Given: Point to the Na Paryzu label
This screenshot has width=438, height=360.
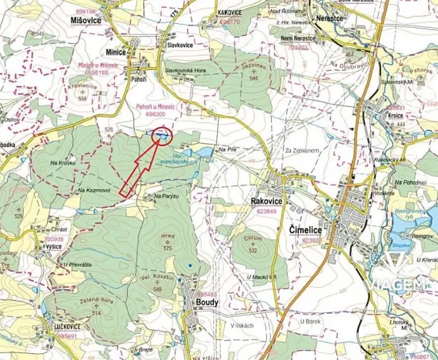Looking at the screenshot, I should tap(167, 196).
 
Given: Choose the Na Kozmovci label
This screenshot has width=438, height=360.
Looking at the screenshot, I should tap(95, 190).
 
